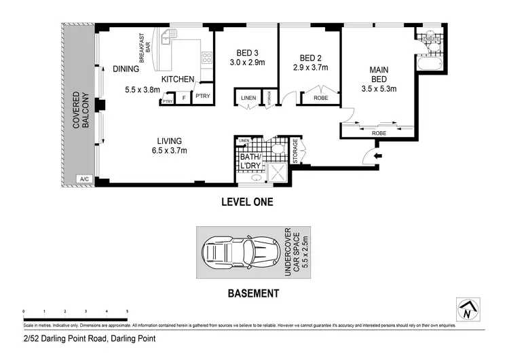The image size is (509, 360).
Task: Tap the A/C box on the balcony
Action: (84, 179)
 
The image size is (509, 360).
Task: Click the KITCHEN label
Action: (178, 79)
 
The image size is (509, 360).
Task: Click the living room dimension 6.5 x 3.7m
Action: (169, 151)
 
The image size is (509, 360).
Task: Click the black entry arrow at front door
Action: (377, 157)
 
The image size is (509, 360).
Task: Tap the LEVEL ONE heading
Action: (247, 202)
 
